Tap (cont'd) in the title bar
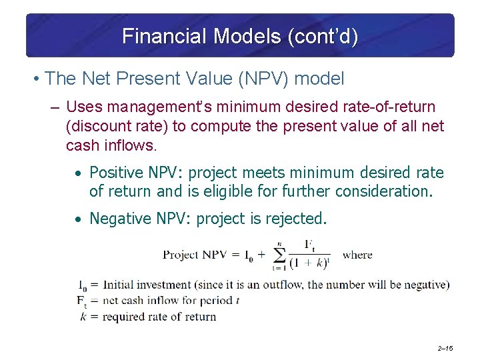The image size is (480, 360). pyautogui.click(x=322, y=36)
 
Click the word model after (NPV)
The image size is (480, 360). pyautogui.click(x=319, y=79)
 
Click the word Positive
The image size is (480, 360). pyautogui.click(x=116, y=173)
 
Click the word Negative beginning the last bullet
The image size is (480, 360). pyautogui.click(x=120, y=219)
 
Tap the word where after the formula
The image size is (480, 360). pyautogui.click(x=358, y=255)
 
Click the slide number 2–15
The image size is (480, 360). pyautogui.click(x=445, y=349)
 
